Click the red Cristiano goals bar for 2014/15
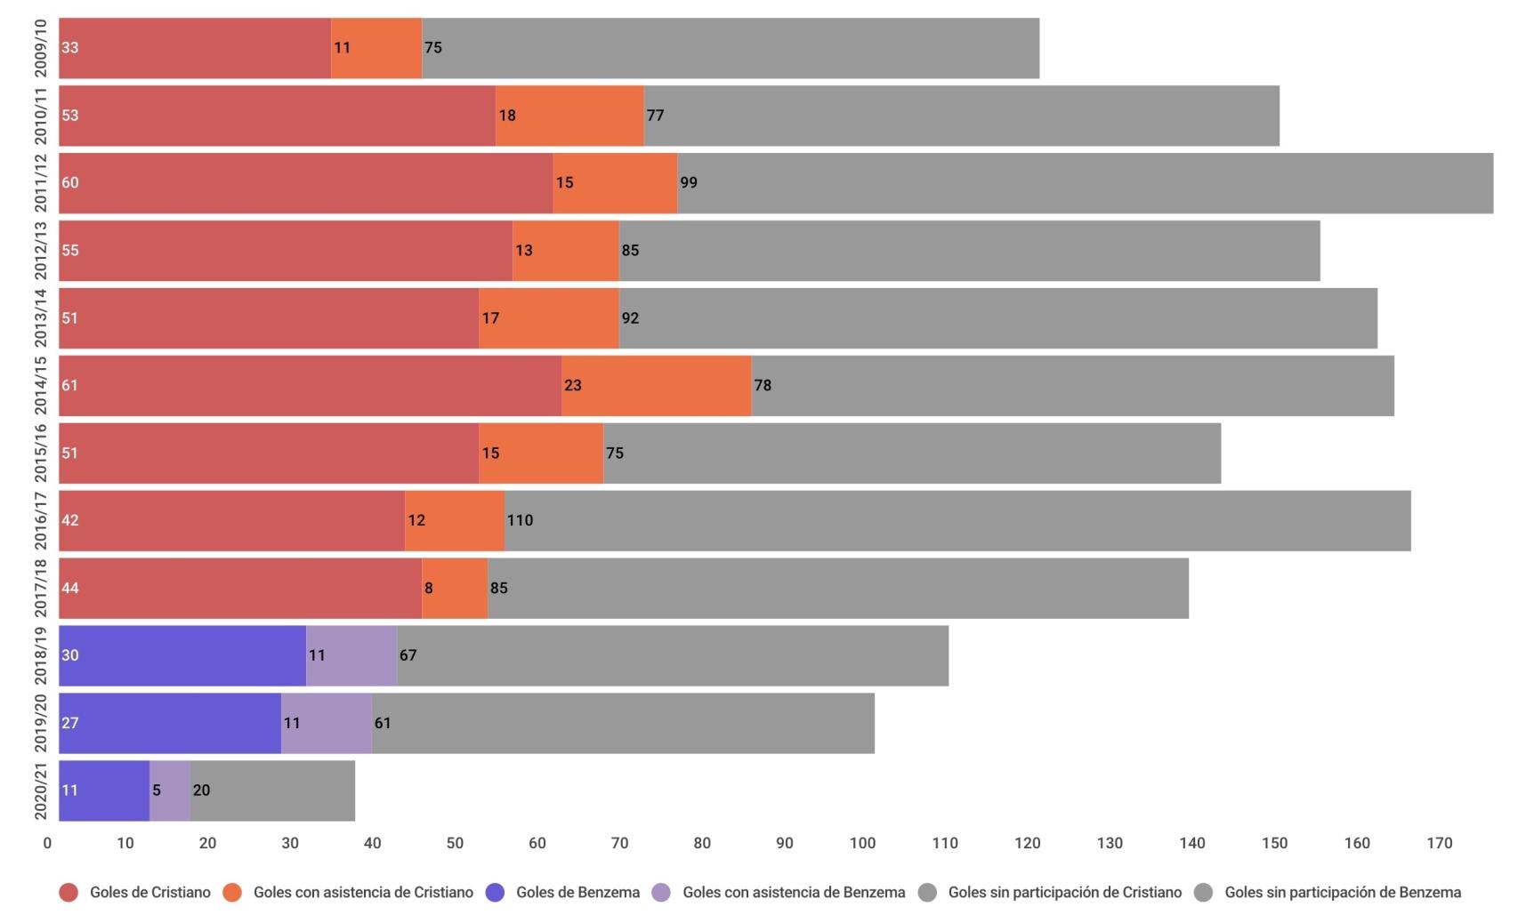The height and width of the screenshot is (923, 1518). pyautogui.click(x=310, y=385)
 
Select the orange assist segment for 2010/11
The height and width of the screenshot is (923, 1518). pyautogui.click(x=569, y=116)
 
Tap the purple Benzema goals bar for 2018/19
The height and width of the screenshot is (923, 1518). pyautogui.click(x=182, y=655)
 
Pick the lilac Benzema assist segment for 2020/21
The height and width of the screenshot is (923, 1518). pyautogui.click(x=170, y=791)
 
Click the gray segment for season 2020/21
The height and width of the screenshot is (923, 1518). pyautogui.click(x=272, y=791)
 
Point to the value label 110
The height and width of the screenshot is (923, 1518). pyautogui.click(x=521, y=520)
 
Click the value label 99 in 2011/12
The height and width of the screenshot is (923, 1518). pyautogui.click(x=689, y=182)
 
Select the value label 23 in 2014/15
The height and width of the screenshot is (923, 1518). pyautogui.click(x=573, y=385)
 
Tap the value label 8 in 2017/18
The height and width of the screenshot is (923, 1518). pyautogui.click(x=429, y=588)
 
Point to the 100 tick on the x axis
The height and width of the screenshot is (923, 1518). pyautogui.click(x=862, y=843)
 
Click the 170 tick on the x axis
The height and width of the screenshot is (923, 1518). pyautogui.click(x=1439, y=843)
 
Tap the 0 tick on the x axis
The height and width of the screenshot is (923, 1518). pyautogui.click(x=48, y=843)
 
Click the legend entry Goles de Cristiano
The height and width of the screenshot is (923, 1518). pyautogui.click(x=149, y=892)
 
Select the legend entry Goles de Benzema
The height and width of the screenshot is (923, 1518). pyautogui.click(x=577, y=892)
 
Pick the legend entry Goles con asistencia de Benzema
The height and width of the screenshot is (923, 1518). pyautogui.click(x=794, y=892)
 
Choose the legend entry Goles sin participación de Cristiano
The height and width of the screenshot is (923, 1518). pyautogui.click(x=1064, y=892)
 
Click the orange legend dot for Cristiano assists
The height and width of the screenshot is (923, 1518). pyautogui.click(x=232, y=892)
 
